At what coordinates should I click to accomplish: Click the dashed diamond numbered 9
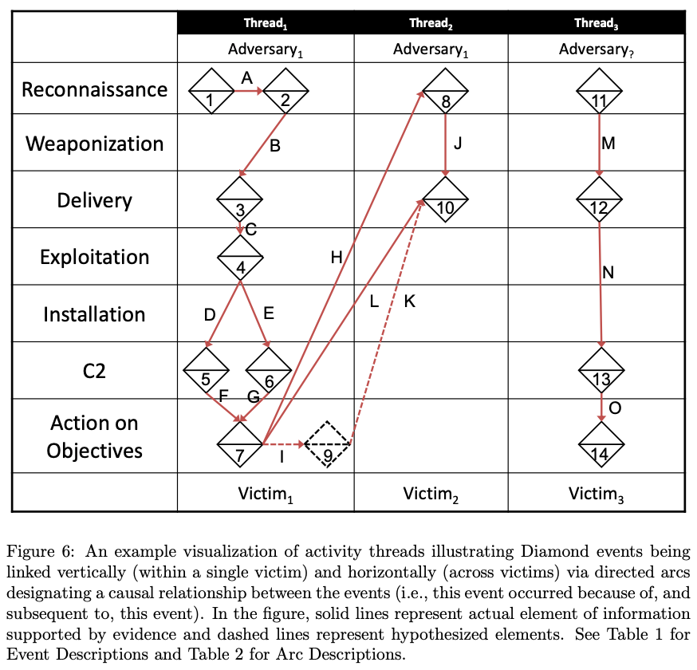click(x=327, y=443)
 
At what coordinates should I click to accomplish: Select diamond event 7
click(x=240, y=443)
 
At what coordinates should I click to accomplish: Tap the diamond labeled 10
click(x=445, y=199)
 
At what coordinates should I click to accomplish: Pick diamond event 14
click(x=601, y=443)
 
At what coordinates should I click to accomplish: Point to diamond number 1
click(x=211, y=91)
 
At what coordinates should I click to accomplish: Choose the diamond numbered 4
click(x=241, y=257)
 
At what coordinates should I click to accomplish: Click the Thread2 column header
click(x=431, y=23)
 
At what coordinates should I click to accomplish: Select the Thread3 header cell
click(x=596, y=23)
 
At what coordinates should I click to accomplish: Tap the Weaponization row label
click(x=95, y=144)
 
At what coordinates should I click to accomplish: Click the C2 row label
click(x=94, y=371)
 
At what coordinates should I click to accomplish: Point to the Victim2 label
click(x=431, y=495)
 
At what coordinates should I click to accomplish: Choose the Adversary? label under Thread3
click(x=596, y=49)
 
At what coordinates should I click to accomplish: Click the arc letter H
click(x=337, y=257)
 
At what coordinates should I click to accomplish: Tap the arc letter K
click(x=409, y=301)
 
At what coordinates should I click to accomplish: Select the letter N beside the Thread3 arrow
click(x=608, y=272)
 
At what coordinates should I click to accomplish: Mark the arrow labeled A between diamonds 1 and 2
click(x=249, y=91)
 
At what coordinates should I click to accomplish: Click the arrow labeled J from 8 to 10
click(x=446, y=145)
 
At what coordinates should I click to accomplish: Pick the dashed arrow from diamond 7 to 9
click(x=284, y=443)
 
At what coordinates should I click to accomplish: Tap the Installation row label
click(x=94, y=314)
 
